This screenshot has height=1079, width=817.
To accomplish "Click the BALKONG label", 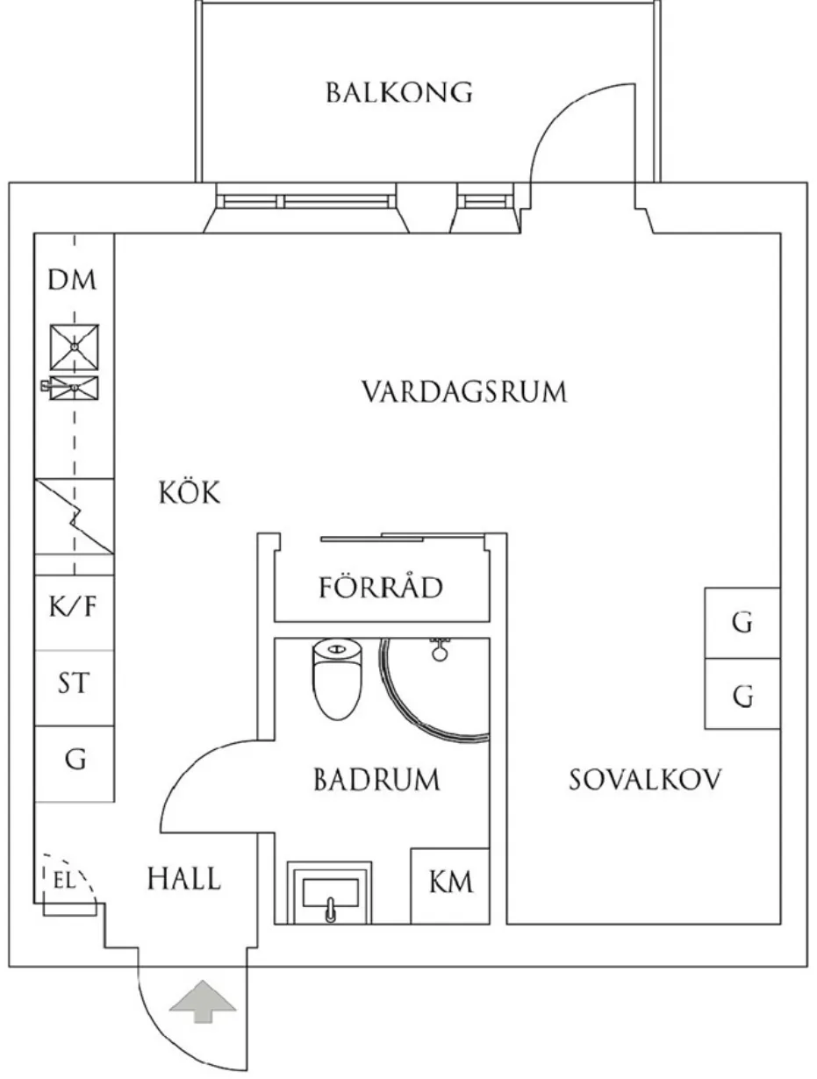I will pyautogui.click(x=399, y=92).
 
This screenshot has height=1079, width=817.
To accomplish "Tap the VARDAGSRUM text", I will pyautogui.click(x=465, y=391).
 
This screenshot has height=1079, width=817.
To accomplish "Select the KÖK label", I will pyautogui.click(x=189, y=493).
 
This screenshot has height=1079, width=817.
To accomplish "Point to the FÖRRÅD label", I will pyautogui.click(x=380, y=587).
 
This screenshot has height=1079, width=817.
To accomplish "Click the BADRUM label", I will pyautogui.click(x=376, y=779).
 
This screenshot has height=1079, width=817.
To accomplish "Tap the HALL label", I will pyautogui.click(x=183, y=878).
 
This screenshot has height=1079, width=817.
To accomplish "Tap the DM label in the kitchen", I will pyautogui.click(x=73, y=282).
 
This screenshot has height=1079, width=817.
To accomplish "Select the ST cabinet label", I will pyautogui.click(x=73, y=682).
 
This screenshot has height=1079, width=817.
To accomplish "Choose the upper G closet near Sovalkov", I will pyautogui.click(x=742, y=623).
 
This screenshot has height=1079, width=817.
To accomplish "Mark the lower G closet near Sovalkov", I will pyautogui.click(x=742, y=696).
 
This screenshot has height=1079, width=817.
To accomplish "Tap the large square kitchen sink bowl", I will pyautogui.click(x=75, y=347).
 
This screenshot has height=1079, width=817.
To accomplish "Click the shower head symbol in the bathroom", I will pyautogui.click(x=440, y=651).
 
